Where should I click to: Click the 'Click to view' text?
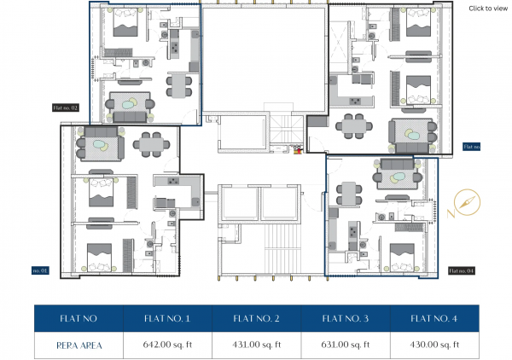[x=488, y=8]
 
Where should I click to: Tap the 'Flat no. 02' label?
[x=66, y=108]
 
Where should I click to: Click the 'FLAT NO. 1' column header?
[x=167, y=318]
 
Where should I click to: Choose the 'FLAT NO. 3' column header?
[x=346, y=318]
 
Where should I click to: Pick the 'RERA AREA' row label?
[x=79, y=345]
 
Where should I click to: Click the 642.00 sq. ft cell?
[x=167, y=345]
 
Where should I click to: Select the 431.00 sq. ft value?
[x=257, y=345]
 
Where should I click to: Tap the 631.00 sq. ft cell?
[x=346, y=345]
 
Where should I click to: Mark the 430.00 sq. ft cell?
[x=434, y=345]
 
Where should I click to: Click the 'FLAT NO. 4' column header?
[x=434, y=318]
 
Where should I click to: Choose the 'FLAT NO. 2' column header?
[x=257, y=318]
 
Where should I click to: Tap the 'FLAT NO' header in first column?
[x=79, y=318]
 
